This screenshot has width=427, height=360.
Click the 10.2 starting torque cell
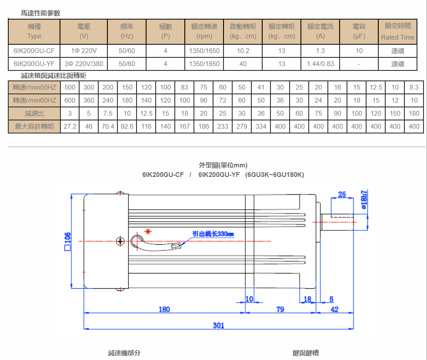243,51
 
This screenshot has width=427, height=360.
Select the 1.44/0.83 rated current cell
320,64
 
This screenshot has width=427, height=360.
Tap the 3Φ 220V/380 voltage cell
84,64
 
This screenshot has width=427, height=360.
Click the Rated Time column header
397,32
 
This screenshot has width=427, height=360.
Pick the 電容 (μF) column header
359,32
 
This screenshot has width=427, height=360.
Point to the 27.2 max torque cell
70,127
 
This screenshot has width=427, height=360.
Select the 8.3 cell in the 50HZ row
414,87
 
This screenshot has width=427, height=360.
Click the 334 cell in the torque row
261,127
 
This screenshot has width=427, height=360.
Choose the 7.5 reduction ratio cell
108,113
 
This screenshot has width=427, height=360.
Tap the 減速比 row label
34,113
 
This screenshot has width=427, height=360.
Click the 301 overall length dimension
219,325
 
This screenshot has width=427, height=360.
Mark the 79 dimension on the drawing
280,310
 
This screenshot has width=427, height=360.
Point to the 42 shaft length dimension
334,310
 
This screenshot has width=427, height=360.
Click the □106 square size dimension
67,242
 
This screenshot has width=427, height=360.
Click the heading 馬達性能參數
40,13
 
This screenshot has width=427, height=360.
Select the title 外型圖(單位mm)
223,165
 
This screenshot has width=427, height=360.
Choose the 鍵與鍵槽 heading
306,353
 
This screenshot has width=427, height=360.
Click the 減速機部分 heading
124,353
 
